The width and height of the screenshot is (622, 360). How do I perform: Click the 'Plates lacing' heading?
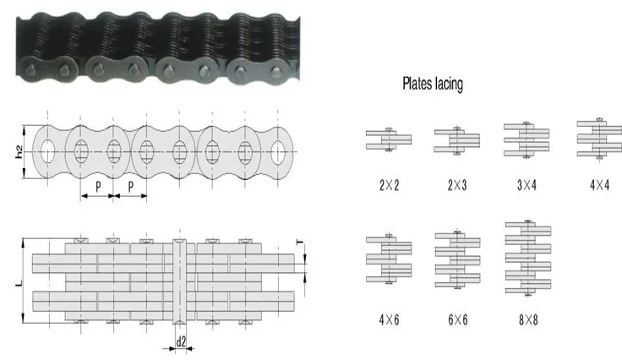(433, 84)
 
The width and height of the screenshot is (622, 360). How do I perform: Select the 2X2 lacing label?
(389, 185)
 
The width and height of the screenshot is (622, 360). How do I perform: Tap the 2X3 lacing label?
(457, 185)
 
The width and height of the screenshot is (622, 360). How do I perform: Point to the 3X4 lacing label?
(527, 185)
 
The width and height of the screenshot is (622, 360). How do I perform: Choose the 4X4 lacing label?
(599, 185)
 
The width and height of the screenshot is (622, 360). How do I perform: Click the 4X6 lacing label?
(389, 319)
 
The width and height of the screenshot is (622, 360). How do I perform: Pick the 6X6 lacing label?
(457, 319)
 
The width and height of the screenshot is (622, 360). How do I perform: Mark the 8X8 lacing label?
(528, 319)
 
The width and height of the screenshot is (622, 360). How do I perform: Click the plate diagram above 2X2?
(389, 139)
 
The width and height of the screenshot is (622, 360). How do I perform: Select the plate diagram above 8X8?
(528, 259)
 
